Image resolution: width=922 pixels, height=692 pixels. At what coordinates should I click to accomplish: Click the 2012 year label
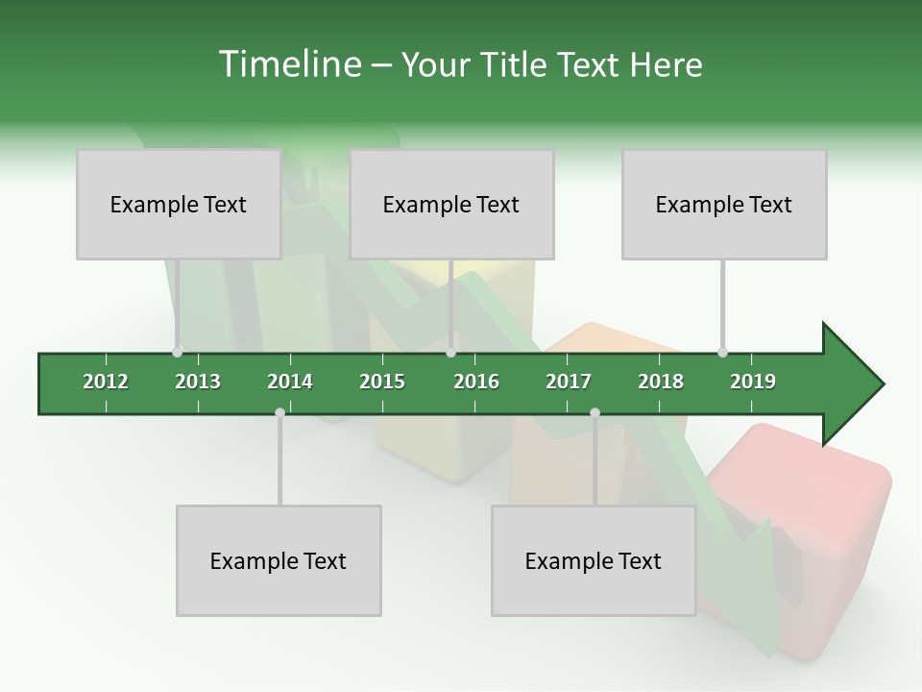[106, 382]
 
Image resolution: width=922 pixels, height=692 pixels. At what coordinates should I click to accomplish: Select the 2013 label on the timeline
[198, 382]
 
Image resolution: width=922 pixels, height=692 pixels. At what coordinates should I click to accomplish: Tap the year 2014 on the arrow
[290, 382]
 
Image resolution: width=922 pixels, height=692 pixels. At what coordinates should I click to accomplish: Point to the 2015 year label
[382, 382]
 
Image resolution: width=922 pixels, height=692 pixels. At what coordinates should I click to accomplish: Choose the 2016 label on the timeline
[476, 382]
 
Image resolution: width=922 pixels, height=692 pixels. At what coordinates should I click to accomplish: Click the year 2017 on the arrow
[569, 382]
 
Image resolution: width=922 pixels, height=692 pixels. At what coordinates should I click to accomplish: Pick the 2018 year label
[661, 382]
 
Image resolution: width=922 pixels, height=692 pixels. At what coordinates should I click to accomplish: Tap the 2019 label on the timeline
[753, 382]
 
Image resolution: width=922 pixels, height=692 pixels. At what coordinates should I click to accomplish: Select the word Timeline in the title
[287, 64]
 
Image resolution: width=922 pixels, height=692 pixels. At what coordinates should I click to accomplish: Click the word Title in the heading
[516, 64]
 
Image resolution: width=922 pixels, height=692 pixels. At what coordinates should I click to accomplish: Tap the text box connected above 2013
[179, 204]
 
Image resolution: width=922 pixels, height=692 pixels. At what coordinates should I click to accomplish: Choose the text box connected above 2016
[451, 204]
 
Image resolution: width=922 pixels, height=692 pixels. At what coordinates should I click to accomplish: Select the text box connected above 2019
[724, 204]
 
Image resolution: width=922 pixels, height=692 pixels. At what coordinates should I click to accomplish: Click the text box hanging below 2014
[279, 560]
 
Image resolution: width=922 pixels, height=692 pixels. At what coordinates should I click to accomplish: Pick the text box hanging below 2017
[594, 560]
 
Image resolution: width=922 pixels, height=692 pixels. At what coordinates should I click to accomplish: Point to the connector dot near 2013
[177, 352]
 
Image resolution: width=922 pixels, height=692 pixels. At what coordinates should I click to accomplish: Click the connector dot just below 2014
[279, 412]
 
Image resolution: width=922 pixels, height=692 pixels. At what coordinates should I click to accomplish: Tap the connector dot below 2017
[594, 412]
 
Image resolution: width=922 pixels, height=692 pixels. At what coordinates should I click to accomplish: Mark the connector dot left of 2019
[722, 352]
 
